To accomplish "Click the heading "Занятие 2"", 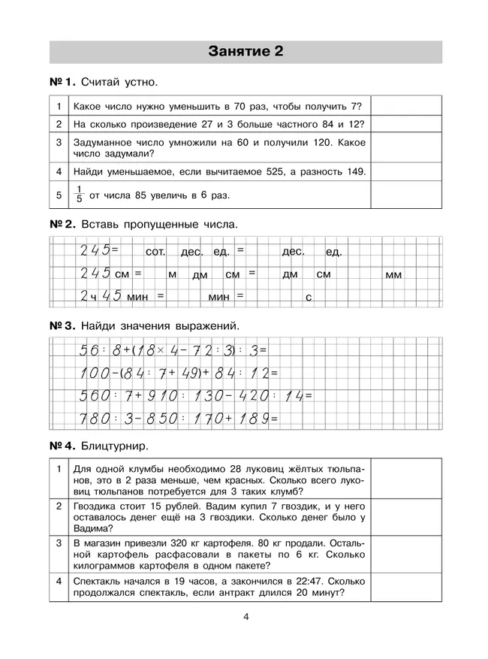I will coord(245,52).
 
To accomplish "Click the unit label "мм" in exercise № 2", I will coord(393,275).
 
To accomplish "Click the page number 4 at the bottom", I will coord(246,618).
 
